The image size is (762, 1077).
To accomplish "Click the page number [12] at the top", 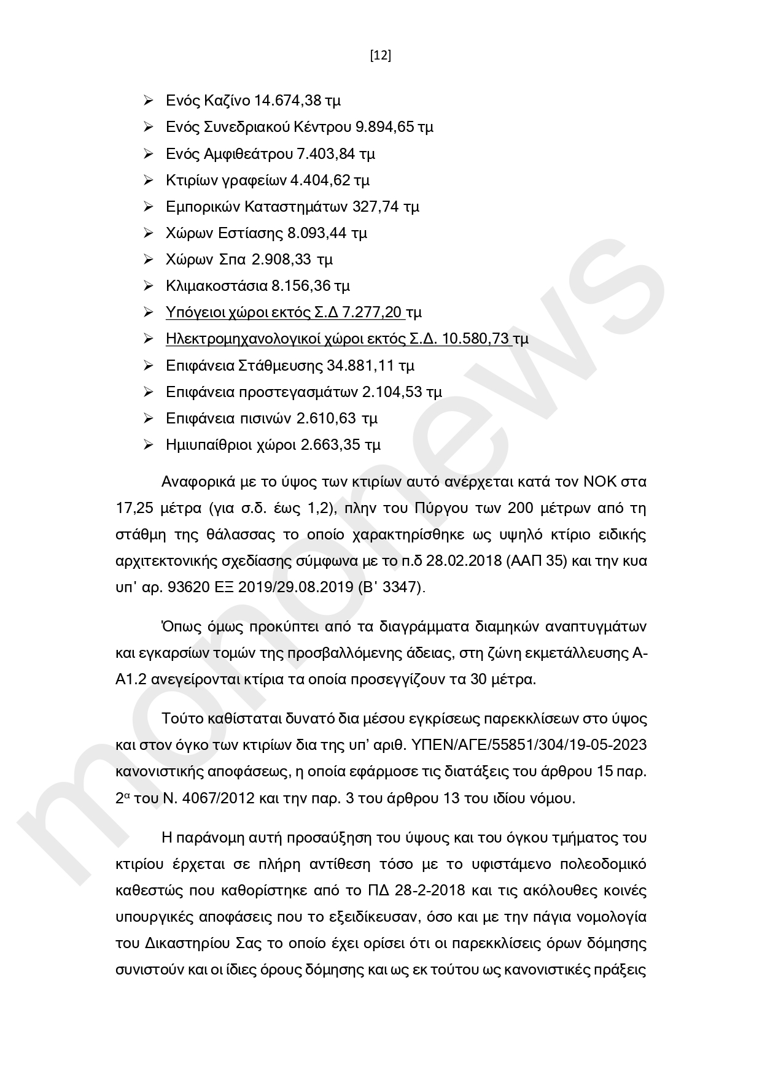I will (381, 56).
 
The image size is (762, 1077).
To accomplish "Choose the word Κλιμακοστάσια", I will (216, 286).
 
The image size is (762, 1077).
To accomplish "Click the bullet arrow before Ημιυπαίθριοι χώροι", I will (148, 444).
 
